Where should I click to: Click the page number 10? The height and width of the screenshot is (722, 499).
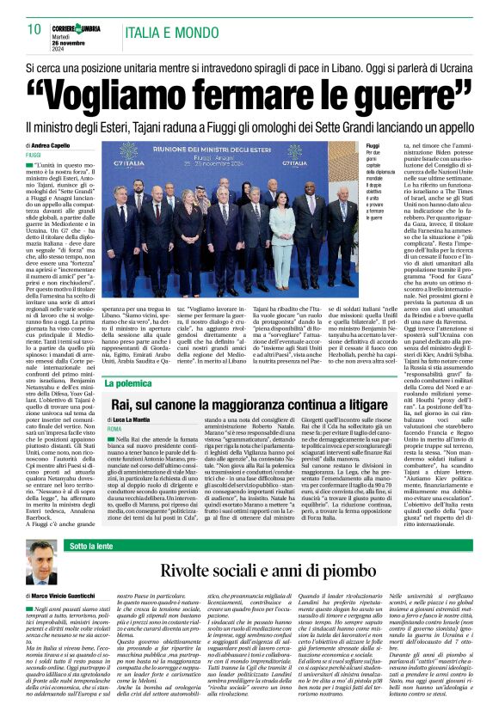pos(34,29)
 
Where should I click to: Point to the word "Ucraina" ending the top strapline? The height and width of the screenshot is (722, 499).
pos(462,66)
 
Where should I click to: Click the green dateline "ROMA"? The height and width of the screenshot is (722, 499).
pos(114,427)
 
